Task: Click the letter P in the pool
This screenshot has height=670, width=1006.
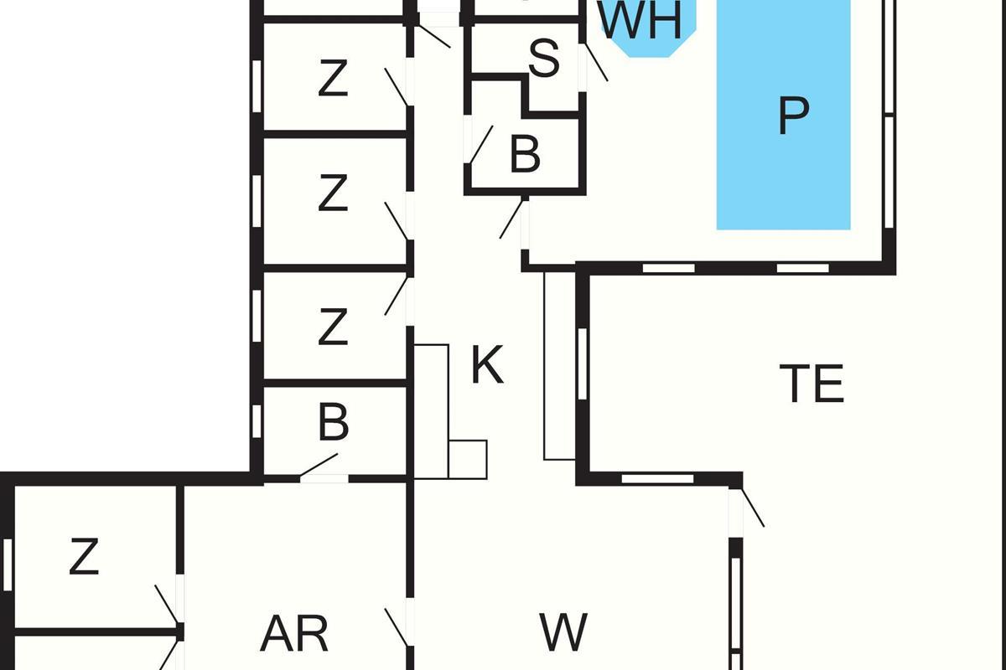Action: (x=792, y=116)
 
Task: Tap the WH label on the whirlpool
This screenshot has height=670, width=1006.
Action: (x=642, y=20)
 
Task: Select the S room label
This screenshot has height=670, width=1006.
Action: (x=543, y=59)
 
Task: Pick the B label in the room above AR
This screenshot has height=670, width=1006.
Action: (x=334, y=424)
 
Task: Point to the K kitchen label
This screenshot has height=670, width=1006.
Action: (x=487, y=365)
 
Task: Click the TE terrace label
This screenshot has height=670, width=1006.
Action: (x=811, y=384)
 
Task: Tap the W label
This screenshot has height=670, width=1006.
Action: (x=563, y=633)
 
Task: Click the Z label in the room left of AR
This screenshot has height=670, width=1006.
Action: (x=84, y=558)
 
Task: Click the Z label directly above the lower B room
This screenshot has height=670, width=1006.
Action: (x=333, y=327)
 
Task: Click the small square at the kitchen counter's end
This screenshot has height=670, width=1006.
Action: (x=468, y=459)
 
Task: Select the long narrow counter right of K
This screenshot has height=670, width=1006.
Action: (x=559, y=366)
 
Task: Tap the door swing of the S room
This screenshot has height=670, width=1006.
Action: (x=596, y=62)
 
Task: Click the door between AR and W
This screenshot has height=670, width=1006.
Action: (x=397, y=626)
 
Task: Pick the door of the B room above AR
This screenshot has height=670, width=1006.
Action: (x=319, y=465)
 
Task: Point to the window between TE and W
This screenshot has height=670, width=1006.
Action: (x=657, y=479)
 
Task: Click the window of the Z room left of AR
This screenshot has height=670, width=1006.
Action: (x=8, y=563)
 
